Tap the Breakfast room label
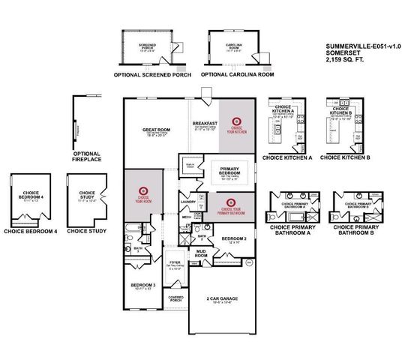tap(205, 122)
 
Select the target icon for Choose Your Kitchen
tap(237, 120)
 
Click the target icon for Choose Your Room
tap(143, 190)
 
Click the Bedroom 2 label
tap(234, 238)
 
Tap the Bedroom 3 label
tap(143, 286)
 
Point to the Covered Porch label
tap(176, 298)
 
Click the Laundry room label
tap(188, 202)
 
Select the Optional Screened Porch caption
tap(148, 75)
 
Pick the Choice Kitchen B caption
tap(345, 157)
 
